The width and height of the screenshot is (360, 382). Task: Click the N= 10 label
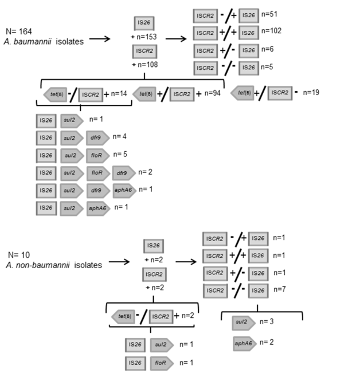[21, 254]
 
